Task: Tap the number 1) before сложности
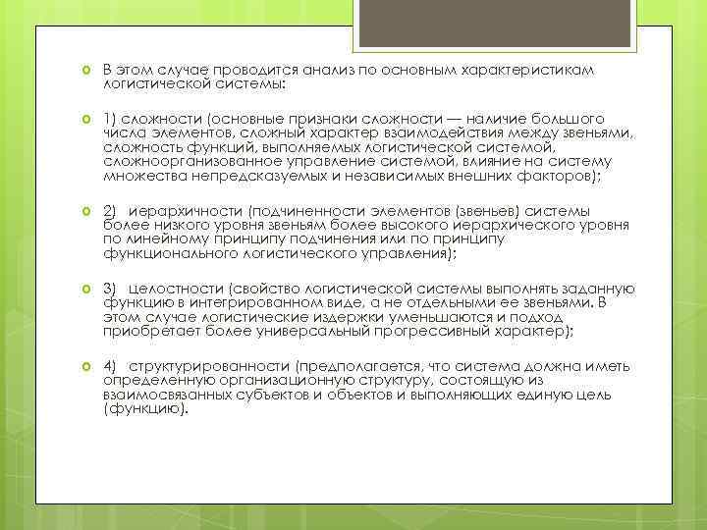pos(110,117)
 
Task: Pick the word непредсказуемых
pos(254,175)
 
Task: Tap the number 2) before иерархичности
pos(110,210)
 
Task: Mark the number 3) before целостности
pos(110,289)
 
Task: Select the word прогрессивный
pos(429,332)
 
